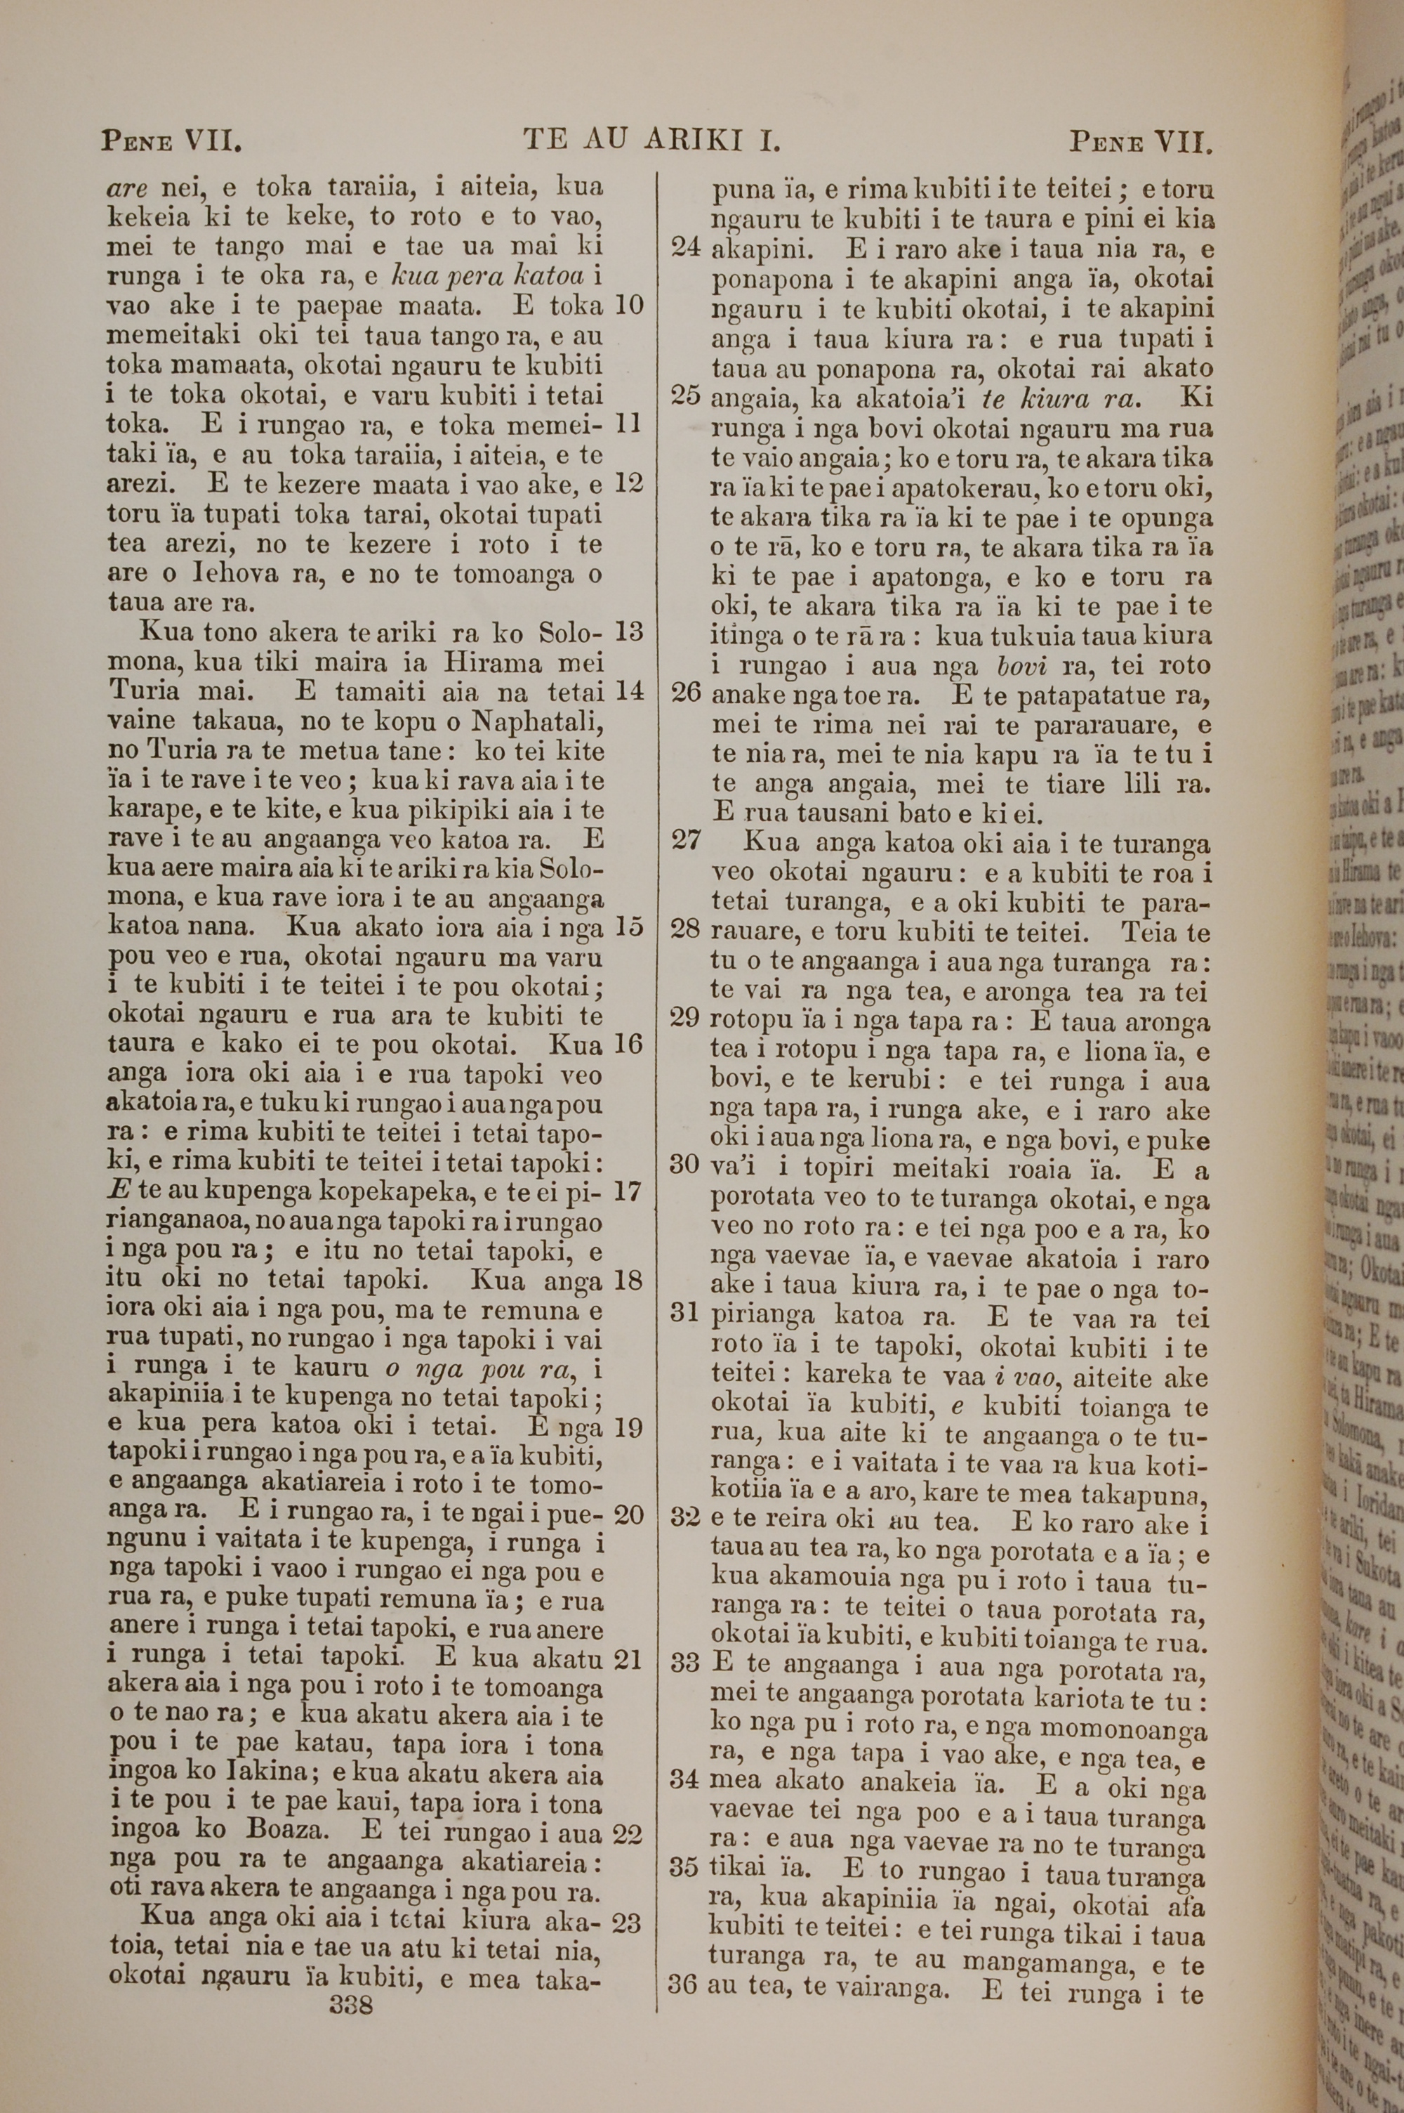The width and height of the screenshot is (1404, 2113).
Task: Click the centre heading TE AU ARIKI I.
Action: tap(654, 140)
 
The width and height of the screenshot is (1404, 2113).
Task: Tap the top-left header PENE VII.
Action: tap(172, 140)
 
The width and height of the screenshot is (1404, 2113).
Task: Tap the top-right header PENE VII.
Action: tap(1141, 140)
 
